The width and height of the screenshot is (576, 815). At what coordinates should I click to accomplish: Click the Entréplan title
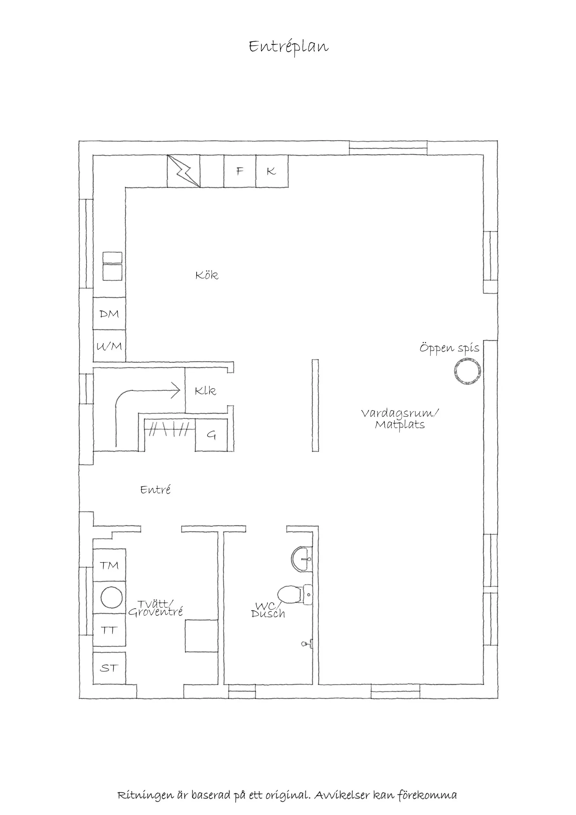tap(288, 46)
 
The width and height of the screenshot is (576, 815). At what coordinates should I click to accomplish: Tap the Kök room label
tap(207, 275)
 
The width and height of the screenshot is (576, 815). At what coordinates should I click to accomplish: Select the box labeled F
tap(239, 171)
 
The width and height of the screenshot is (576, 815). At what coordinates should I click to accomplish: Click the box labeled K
tap(272, 171)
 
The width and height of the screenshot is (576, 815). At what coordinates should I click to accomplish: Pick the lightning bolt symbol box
tap(183, 171)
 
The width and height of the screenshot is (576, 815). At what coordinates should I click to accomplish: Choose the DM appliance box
tap(109, 314)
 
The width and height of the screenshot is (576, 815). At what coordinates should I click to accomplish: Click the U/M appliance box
tap(109, 346)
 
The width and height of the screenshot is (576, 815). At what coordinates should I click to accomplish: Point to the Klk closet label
tap(205, 391)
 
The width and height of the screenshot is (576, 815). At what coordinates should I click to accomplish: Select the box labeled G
tap(211, 435)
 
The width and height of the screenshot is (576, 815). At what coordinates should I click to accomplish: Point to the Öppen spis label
tap(449, 348)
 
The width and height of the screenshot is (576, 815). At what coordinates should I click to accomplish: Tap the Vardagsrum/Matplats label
tap(400, 419)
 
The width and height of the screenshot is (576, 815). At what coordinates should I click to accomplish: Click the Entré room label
tap(155, 490)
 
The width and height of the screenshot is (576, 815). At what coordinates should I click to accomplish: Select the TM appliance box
tap(109, 565)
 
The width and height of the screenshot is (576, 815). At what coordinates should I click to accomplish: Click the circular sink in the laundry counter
tap(111, 598)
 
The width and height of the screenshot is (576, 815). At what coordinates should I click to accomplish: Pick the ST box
tap(109, 668)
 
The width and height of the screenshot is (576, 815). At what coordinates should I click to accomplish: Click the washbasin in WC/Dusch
tap(302, 558)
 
